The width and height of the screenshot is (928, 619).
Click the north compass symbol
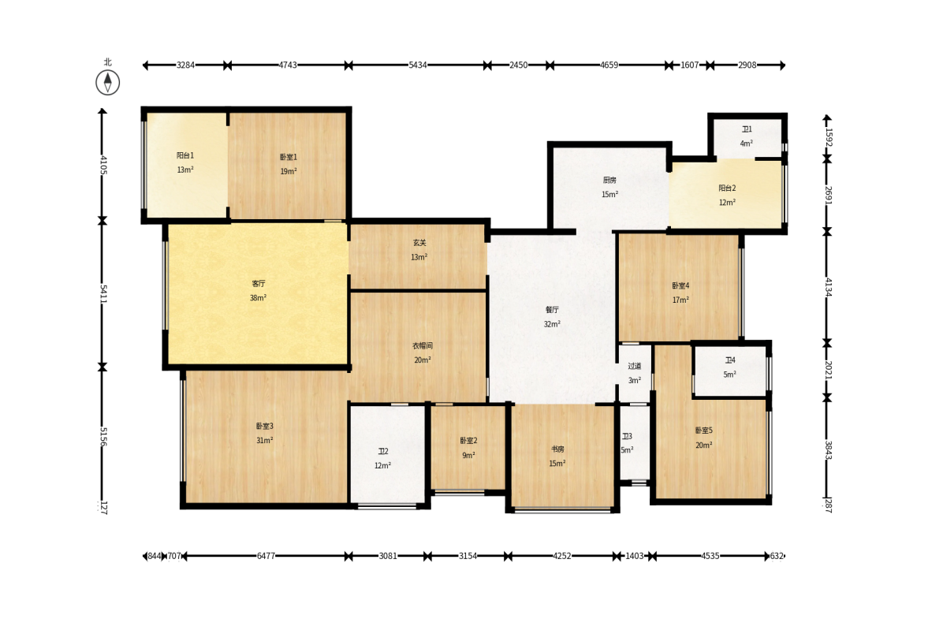(x=108, y=82)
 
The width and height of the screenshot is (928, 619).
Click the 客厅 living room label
(x=258, y=283)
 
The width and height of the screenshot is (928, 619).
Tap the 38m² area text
(x=258, y=297)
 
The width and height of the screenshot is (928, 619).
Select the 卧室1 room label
(x=289, y=157)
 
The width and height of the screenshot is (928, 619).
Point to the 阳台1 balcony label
(x=185, y=155)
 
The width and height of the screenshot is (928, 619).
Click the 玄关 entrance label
(x=419, y=243)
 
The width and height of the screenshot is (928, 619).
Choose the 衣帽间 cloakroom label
(x=423, y=345)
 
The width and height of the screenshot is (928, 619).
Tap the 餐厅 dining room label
(x=552, y=309)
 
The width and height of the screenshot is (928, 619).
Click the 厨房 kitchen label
(x=609, y=180)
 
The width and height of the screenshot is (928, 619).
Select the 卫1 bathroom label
(x=747, y=129)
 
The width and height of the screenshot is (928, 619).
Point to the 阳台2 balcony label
(x=728, y=188)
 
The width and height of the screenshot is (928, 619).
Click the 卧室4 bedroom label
(x=680, y=285)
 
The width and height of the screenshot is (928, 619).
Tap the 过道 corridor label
(x=635, y=366)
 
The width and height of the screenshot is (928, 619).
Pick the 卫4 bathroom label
(x=730, y=360)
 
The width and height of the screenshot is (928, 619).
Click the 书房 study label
(x=557, y=449)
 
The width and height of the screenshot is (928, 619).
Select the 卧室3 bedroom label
(x=265, y=426)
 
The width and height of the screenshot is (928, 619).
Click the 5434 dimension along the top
(x=418, y=65)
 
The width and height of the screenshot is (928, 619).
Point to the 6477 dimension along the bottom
(x=266, y=556)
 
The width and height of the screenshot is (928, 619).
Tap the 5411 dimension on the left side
(x=103, y=293)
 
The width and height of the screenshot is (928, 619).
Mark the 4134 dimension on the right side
(x=829, y=287)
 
